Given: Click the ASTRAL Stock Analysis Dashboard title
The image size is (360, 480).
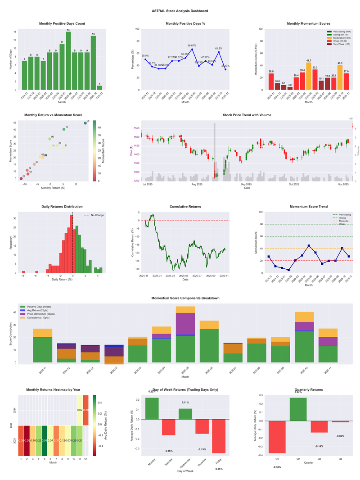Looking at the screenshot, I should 180,10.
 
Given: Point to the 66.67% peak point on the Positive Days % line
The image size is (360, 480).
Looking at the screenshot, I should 192,49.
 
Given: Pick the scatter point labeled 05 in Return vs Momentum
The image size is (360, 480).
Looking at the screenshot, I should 85,123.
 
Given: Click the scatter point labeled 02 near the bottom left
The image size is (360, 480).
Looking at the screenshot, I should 21,179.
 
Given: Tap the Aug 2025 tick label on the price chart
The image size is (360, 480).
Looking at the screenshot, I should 197,185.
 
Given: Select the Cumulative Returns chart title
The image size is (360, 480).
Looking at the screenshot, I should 185,207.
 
